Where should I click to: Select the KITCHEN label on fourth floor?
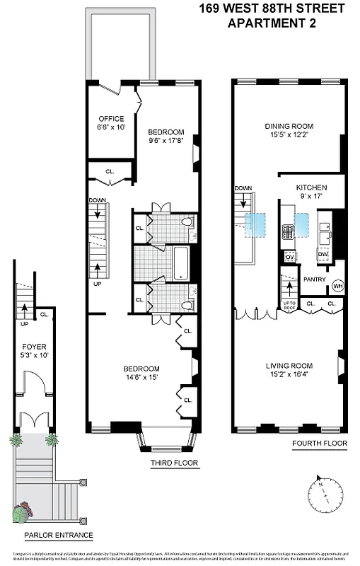pos(310,187)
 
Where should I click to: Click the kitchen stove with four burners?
pos(289,232)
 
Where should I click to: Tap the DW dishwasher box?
pos(323,254)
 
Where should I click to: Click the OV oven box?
pos(289,257)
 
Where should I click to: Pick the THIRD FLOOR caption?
pos(174,464)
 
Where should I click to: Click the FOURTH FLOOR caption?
pos(320,444)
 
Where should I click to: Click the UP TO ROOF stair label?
pos(289,306)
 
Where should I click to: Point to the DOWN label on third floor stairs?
pos(97,200)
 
